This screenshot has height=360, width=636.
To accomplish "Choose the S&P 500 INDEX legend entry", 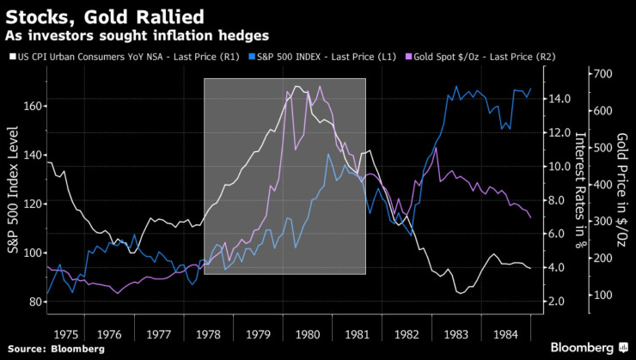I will tap(304, 57).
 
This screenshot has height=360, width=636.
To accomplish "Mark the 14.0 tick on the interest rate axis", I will tap(560, 99).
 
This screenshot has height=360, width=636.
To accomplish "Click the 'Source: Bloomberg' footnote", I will tap(57, 350).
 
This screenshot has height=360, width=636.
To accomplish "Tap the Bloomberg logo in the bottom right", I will tap(581, 348).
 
